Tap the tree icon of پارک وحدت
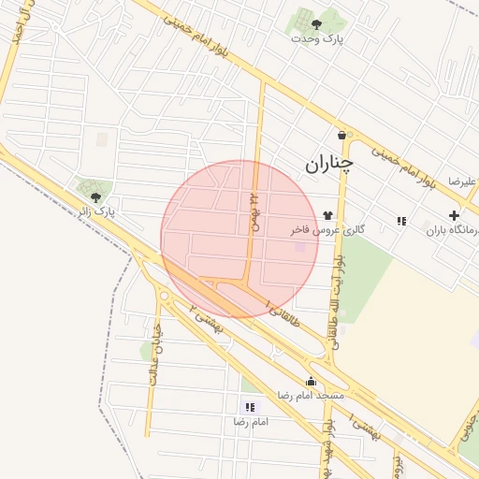click(316, 24)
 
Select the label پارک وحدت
click(316, 39)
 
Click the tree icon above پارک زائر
click(96, 196)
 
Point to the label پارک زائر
click(96, 212)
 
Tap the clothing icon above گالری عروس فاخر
click(327, 214)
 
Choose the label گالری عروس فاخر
click(327, 228)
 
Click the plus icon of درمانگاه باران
click(454, 215)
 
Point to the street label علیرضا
click(462, 181)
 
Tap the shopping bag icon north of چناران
click(341, 135)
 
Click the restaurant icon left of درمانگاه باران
click(401, 221)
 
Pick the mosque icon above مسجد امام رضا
click(311, 382)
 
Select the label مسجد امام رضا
click(311, 396)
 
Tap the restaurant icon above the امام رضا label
click(250, 407)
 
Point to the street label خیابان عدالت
click(154, 356)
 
